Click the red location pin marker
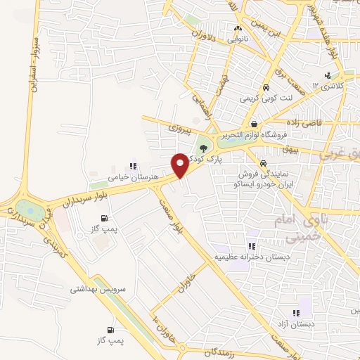[180, 165]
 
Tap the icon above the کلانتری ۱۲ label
[327, 77]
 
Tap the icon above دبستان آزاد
[296, 313]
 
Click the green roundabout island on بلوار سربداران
[28, 209]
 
